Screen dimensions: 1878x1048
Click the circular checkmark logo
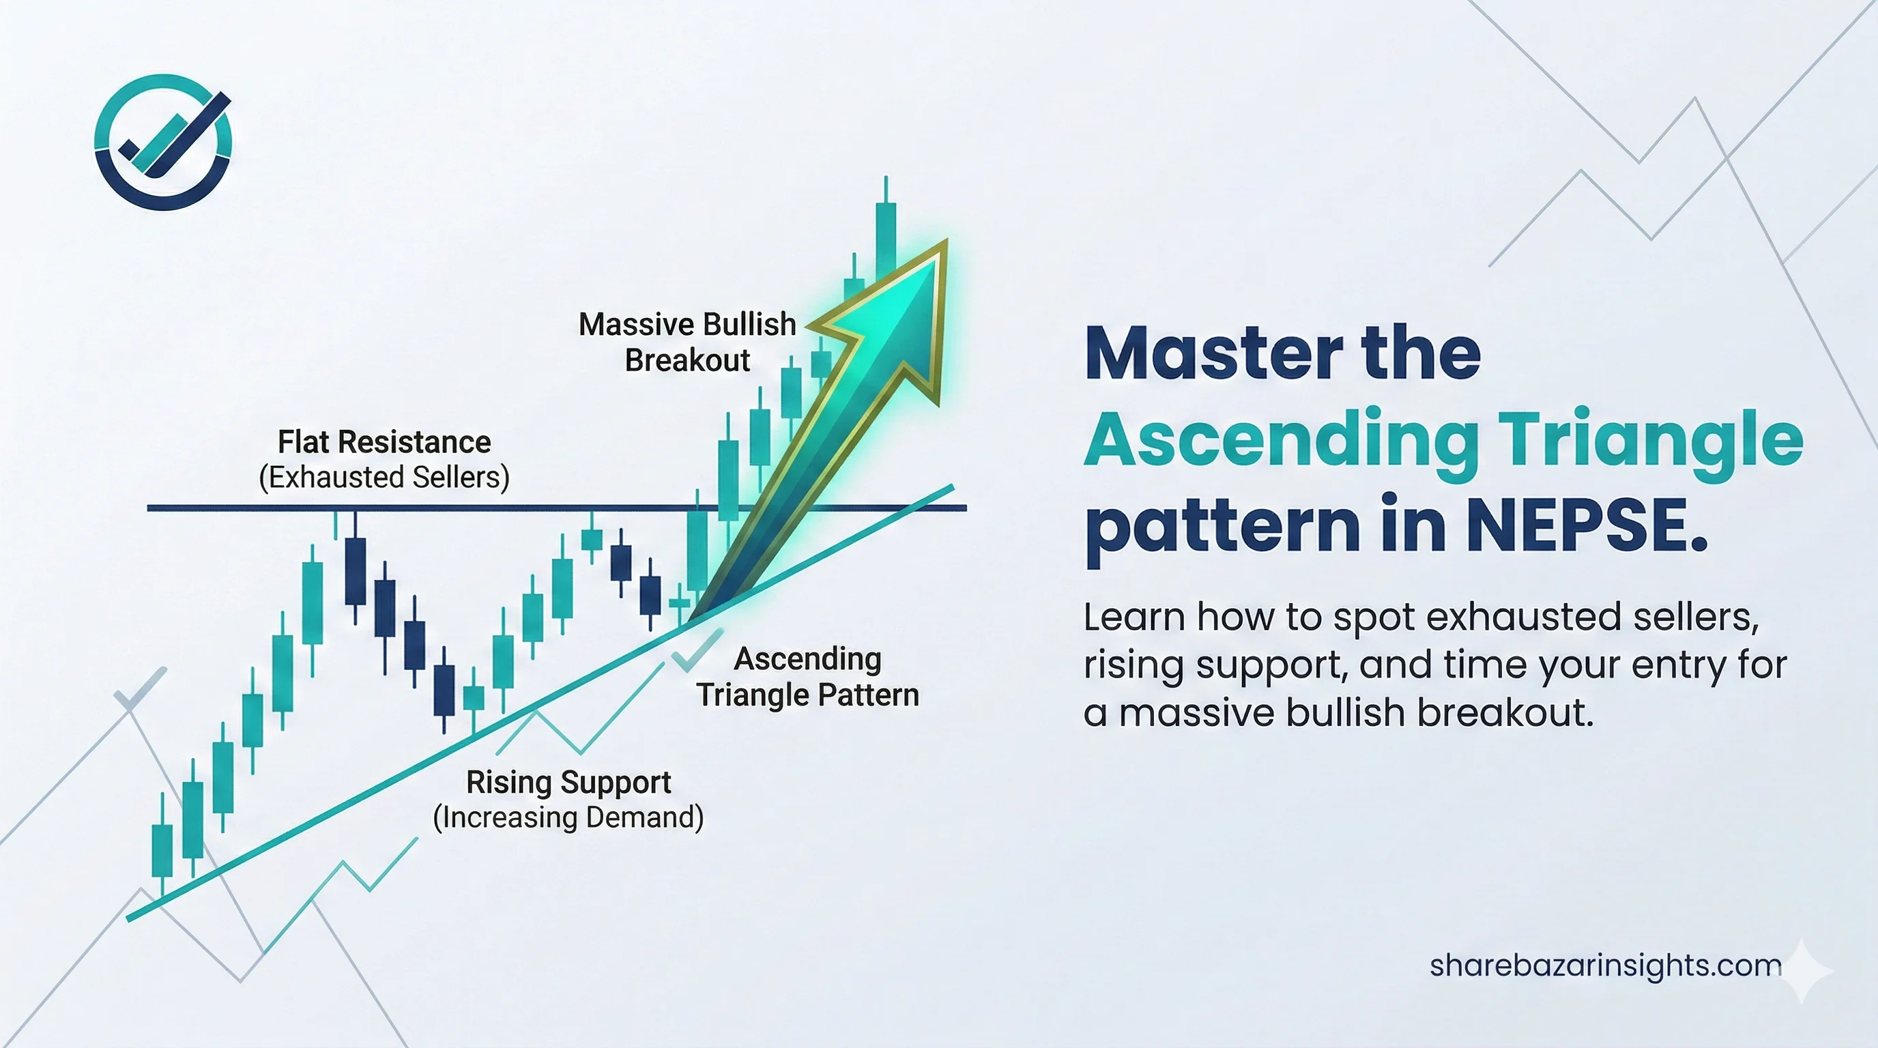click(163, 142)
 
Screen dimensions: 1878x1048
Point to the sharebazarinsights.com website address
click(1605, 965)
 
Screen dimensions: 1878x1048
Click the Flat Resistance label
click(384, 441)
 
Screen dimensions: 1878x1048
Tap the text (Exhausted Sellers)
click(384, 478)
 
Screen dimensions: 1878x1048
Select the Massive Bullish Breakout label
click(687, 342)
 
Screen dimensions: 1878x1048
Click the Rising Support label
click(568, 782)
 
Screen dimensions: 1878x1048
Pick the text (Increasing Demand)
click(568, 817)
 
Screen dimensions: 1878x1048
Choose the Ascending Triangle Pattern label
click(808, 676)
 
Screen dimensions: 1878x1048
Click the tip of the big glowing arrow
click(947, 239)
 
